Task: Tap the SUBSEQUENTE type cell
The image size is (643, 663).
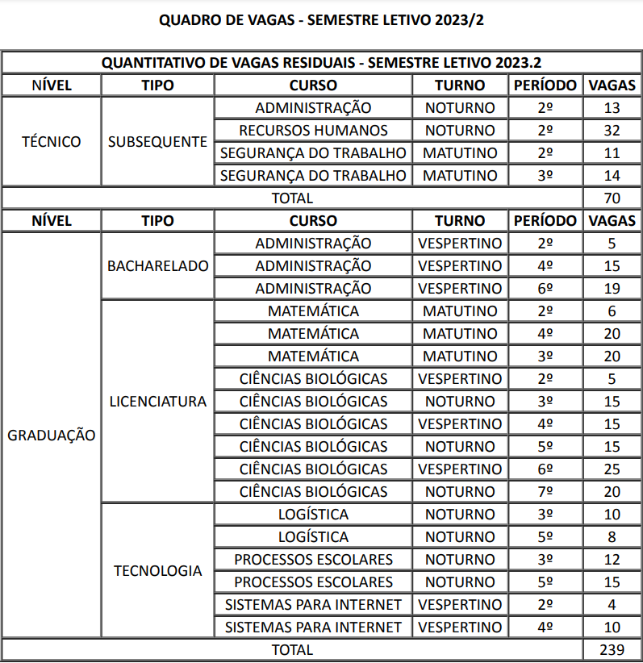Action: click(157, 142)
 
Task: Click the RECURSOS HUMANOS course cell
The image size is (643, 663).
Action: click(313, 131)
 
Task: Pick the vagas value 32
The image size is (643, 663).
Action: click(611, 131)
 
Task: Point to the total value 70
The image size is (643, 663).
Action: click(611, 198)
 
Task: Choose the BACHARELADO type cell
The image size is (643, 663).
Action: click(157, 265)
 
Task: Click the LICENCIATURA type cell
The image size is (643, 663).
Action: click(157, 401)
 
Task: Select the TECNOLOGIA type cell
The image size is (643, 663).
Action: click(157, 570)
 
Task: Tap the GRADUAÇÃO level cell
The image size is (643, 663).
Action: click(51, 436)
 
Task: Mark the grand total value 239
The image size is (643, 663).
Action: click(611, 649)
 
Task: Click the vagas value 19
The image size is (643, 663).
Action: click(611, 289)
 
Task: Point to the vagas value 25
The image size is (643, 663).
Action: click(611, 469)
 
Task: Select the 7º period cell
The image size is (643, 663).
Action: click(545, 491)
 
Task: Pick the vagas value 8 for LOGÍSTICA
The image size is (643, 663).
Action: click(611, 536)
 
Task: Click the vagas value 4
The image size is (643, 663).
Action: click(611, 604)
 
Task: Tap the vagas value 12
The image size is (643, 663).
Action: click(611, 559)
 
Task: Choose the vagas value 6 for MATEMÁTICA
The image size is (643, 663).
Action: click(611, 311)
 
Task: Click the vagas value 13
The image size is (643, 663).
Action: click(611, 108)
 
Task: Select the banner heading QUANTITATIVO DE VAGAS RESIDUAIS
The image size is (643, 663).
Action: click(321, 63)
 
